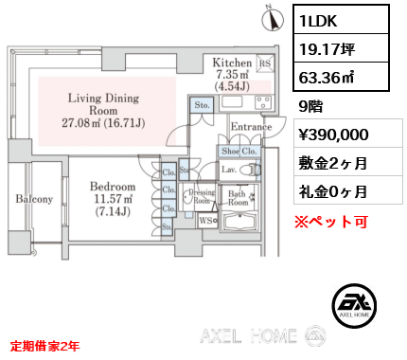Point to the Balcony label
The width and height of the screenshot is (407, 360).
click(x=32, y=199)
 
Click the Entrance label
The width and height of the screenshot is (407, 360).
click(x=251, y=127)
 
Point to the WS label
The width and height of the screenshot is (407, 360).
click(x=203, y=222)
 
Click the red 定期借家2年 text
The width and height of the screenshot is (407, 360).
click(x=45, y=347)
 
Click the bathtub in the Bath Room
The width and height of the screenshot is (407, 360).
click(x=243, y=224)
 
